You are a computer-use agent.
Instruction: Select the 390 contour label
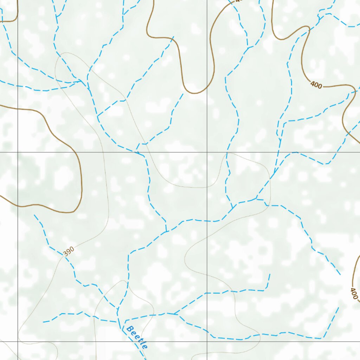[69, 251]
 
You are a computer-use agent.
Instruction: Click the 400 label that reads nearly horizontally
[316, 85]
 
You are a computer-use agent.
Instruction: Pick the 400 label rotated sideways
[354, 294]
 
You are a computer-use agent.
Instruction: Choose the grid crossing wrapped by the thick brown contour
[18, 152]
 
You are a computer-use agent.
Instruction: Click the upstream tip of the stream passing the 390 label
[34, 215]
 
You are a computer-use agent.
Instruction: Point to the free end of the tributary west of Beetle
[43, 322]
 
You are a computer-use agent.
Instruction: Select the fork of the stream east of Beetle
[175, 313]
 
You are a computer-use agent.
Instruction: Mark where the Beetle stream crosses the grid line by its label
[135, 341]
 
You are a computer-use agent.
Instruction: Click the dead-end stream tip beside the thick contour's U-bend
[183, 94]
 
